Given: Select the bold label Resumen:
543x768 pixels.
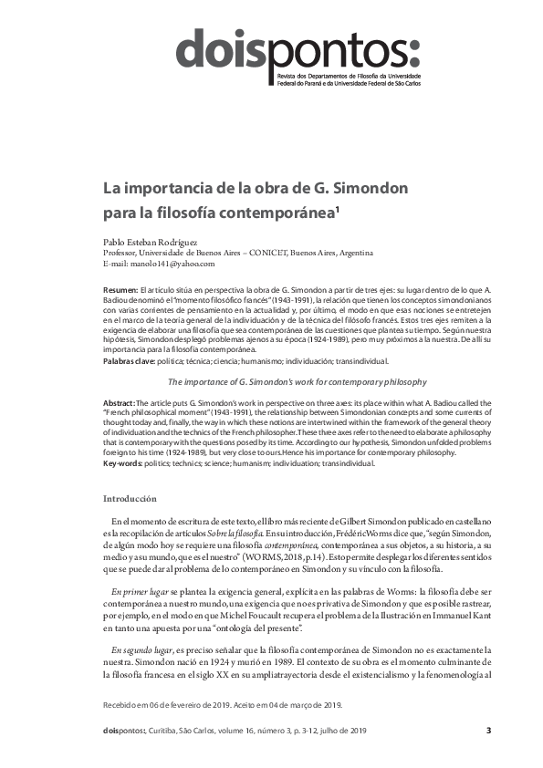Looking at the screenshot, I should pyautogui.click(x=120, y=288).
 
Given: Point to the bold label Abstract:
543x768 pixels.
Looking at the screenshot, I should pyautogui.click(x=119, y=402).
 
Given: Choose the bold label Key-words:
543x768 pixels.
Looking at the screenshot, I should pyautogui.click(x=123, y=463).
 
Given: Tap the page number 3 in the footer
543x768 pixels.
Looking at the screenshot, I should pyautogui.click(x=488, y=730).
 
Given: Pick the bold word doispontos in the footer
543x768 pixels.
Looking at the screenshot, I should pyautogui.click(x=123, y=731).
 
